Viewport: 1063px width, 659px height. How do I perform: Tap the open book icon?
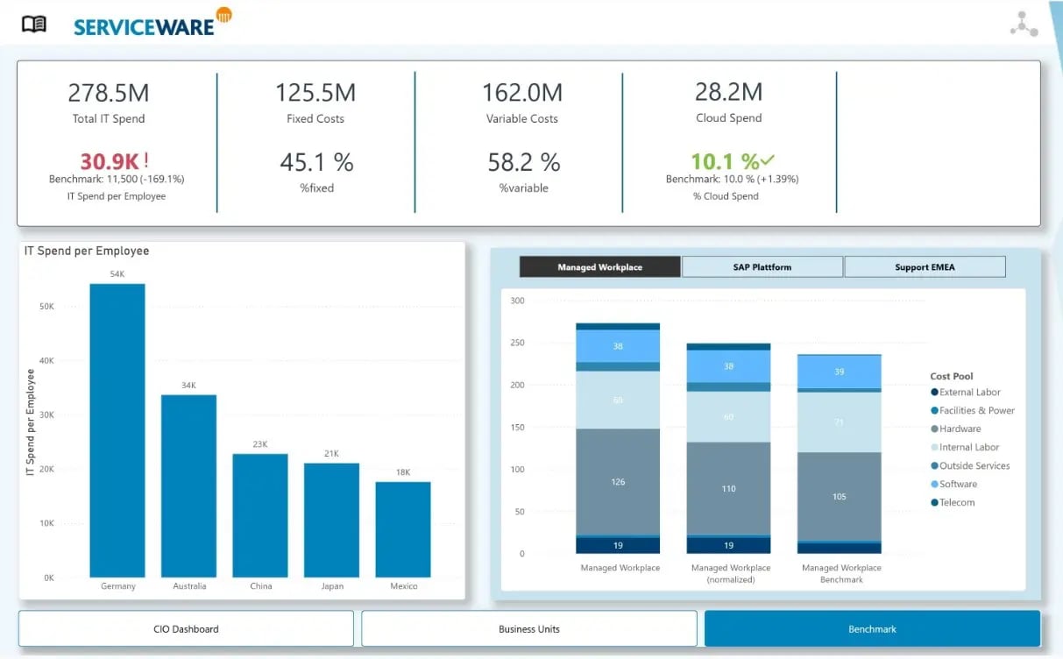coord(34,25)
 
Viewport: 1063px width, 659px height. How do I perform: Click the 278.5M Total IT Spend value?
coord(109,92)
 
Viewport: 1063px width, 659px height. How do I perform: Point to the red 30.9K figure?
coord(110,161)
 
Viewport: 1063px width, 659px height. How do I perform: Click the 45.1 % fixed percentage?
coord(316,162)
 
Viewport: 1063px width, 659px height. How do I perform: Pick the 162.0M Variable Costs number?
coord(522,92)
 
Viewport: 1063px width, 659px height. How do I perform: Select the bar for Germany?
coord(117,429)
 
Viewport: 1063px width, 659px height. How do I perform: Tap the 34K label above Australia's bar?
coord(188,386)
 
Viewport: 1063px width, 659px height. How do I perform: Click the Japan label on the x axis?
coord(332,586)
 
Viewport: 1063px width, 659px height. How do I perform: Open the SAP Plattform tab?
coord(762,267)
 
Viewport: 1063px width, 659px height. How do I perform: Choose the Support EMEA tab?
coord(925,267)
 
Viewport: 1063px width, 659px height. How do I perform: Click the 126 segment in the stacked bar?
coord(618,481)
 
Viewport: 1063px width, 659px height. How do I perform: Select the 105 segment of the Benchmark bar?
coord(839,496)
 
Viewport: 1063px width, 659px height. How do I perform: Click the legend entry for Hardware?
coord(960,429)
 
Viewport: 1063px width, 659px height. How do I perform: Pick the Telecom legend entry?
coord(956,502)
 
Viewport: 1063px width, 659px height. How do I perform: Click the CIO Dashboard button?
coord(186,629)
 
